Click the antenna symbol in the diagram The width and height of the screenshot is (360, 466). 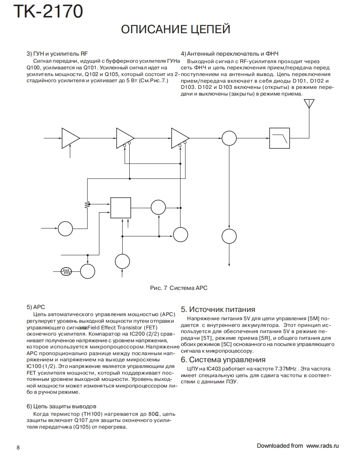coord(309,104)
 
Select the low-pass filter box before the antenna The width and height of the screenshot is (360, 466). coord(279,137)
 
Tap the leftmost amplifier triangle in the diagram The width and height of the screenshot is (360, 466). coord(70,137)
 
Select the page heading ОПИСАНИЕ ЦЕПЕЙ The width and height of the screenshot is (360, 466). coord(175,29)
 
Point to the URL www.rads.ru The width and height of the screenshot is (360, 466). coord(323,446)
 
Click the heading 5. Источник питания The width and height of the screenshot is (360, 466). coord(218,309)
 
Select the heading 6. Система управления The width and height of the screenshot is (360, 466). coord(223,360)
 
